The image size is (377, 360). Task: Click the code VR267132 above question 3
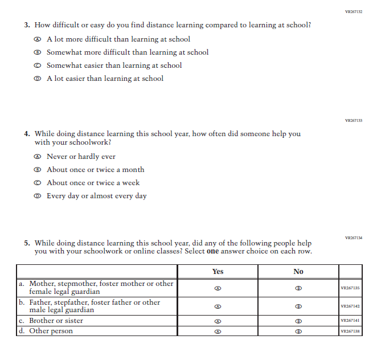tap(354, 11)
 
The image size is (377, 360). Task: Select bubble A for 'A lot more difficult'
tap(38, 39)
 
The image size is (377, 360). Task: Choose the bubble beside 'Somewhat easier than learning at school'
tap(38, 66)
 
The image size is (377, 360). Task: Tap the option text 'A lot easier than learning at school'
tap(105, 79)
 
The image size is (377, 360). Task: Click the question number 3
tap(27, 25)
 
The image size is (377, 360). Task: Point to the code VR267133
tap(354, 121)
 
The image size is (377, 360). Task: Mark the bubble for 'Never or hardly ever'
tap(38, 157)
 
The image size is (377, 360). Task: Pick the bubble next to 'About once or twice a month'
tap(38, 170)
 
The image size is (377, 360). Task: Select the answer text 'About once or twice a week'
tap(93, 183)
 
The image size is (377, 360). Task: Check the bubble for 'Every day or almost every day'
tap(38, 196)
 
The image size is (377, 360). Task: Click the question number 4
tap(27, 134)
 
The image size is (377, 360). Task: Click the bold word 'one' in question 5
tap(212, 251)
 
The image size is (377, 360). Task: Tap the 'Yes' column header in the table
tap(218, 272)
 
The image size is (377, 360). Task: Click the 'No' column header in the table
tap(298, 272)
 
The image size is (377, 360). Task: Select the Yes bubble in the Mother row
tap(218, 288)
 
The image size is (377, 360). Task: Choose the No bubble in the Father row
tap(298, 306)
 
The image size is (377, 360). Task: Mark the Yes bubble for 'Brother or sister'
tap(218, 321)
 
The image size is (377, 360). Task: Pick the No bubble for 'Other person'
tap(298, 331)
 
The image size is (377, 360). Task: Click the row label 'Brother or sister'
tap(55, 321)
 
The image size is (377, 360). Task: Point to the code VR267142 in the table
tap(350, 306)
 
